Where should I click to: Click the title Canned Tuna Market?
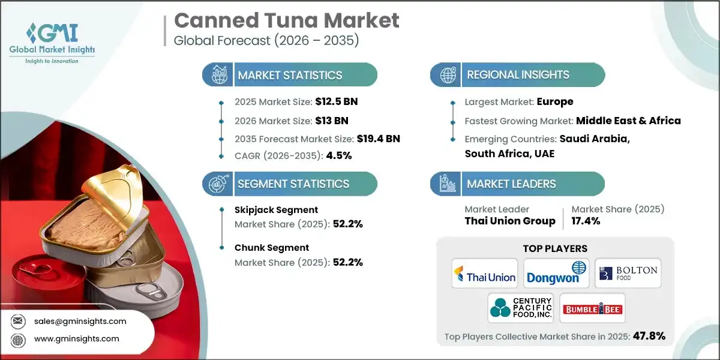pyautogui.click(x=286, y=20)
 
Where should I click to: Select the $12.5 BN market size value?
pyautogui.click(x=336, y=101)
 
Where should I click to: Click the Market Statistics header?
pyautogui.click(x=290, y=75)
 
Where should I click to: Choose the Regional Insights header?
pyautogui.click(x=518, y=75)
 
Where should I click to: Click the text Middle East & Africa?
pyautogui.click(x=628, y=121)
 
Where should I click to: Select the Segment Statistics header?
pyautogui.click(x=293, y=184)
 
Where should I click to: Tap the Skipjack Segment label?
pyautogui.click(x=276, y=210)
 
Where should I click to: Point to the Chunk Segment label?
pyautogui.click(x=272, y=247)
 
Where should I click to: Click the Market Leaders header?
pyautogui.click(x=511, y=184)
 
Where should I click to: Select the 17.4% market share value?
pyautogui.click(x=586, y=221)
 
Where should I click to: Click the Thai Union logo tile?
pyautogui.click(x=484, y=274)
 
